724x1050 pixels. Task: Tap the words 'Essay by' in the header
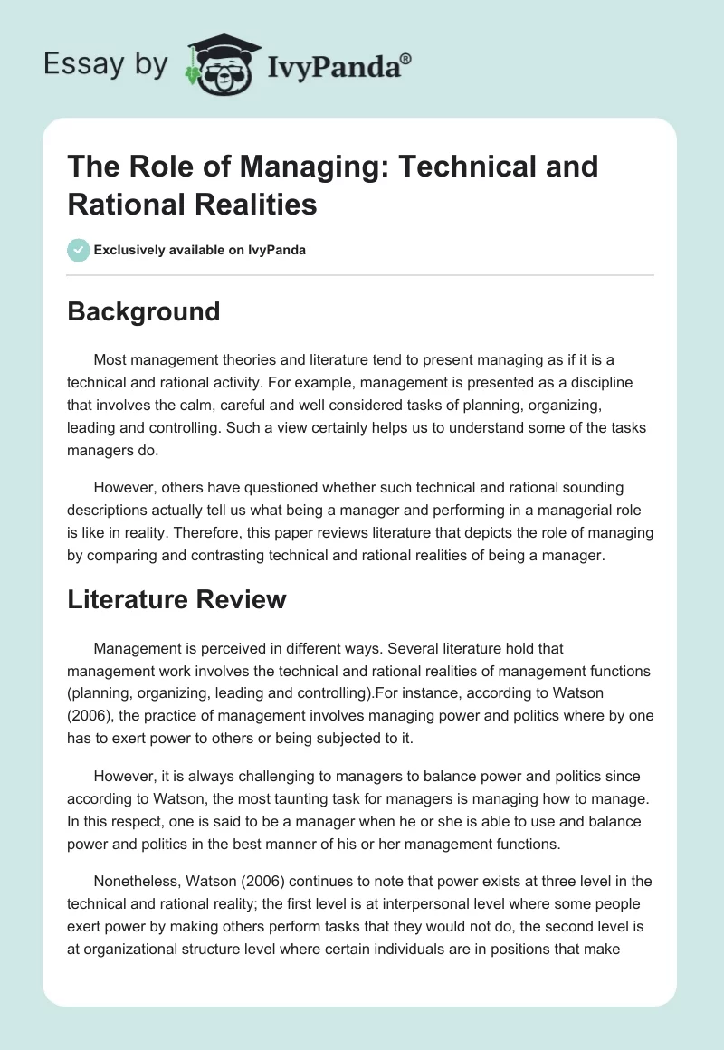tap(107, 64)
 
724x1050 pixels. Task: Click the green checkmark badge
tap(79, 250)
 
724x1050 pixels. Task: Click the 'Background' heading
tap(144, 311)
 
